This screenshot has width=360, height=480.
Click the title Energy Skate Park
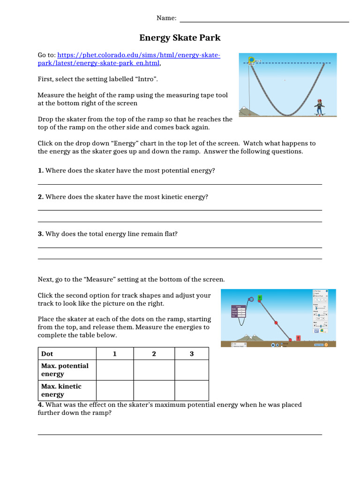(x=180, y=37)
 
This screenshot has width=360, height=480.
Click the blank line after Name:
(x=264, y=21)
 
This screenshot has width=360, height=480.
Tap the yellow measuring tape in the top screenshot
(x=251, y=60)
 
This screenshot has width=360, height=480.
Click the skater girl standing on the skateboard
(x=320, y=106)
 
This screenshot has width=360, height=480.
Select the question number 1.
(x=40, y=171)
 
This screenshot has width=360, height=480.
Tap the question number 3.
(x=40, y=234)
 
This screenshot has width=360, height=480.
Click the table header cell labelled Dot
(x=47, y=354)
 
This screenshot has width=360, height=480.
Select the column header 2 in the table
(x=154, y=354)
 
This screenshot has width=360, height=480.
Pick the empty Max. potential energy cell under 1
(x=114, y=370)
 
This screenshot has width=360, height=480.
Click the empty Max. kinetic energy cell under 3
(x=191, y=390)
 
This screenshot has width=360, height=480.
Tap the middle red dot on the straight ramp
(x=276, y=322)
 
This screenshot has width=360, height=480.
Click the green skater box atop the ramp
(x=259, y=297)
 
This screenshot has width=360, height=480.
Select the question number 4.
(x=40, y=405)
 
